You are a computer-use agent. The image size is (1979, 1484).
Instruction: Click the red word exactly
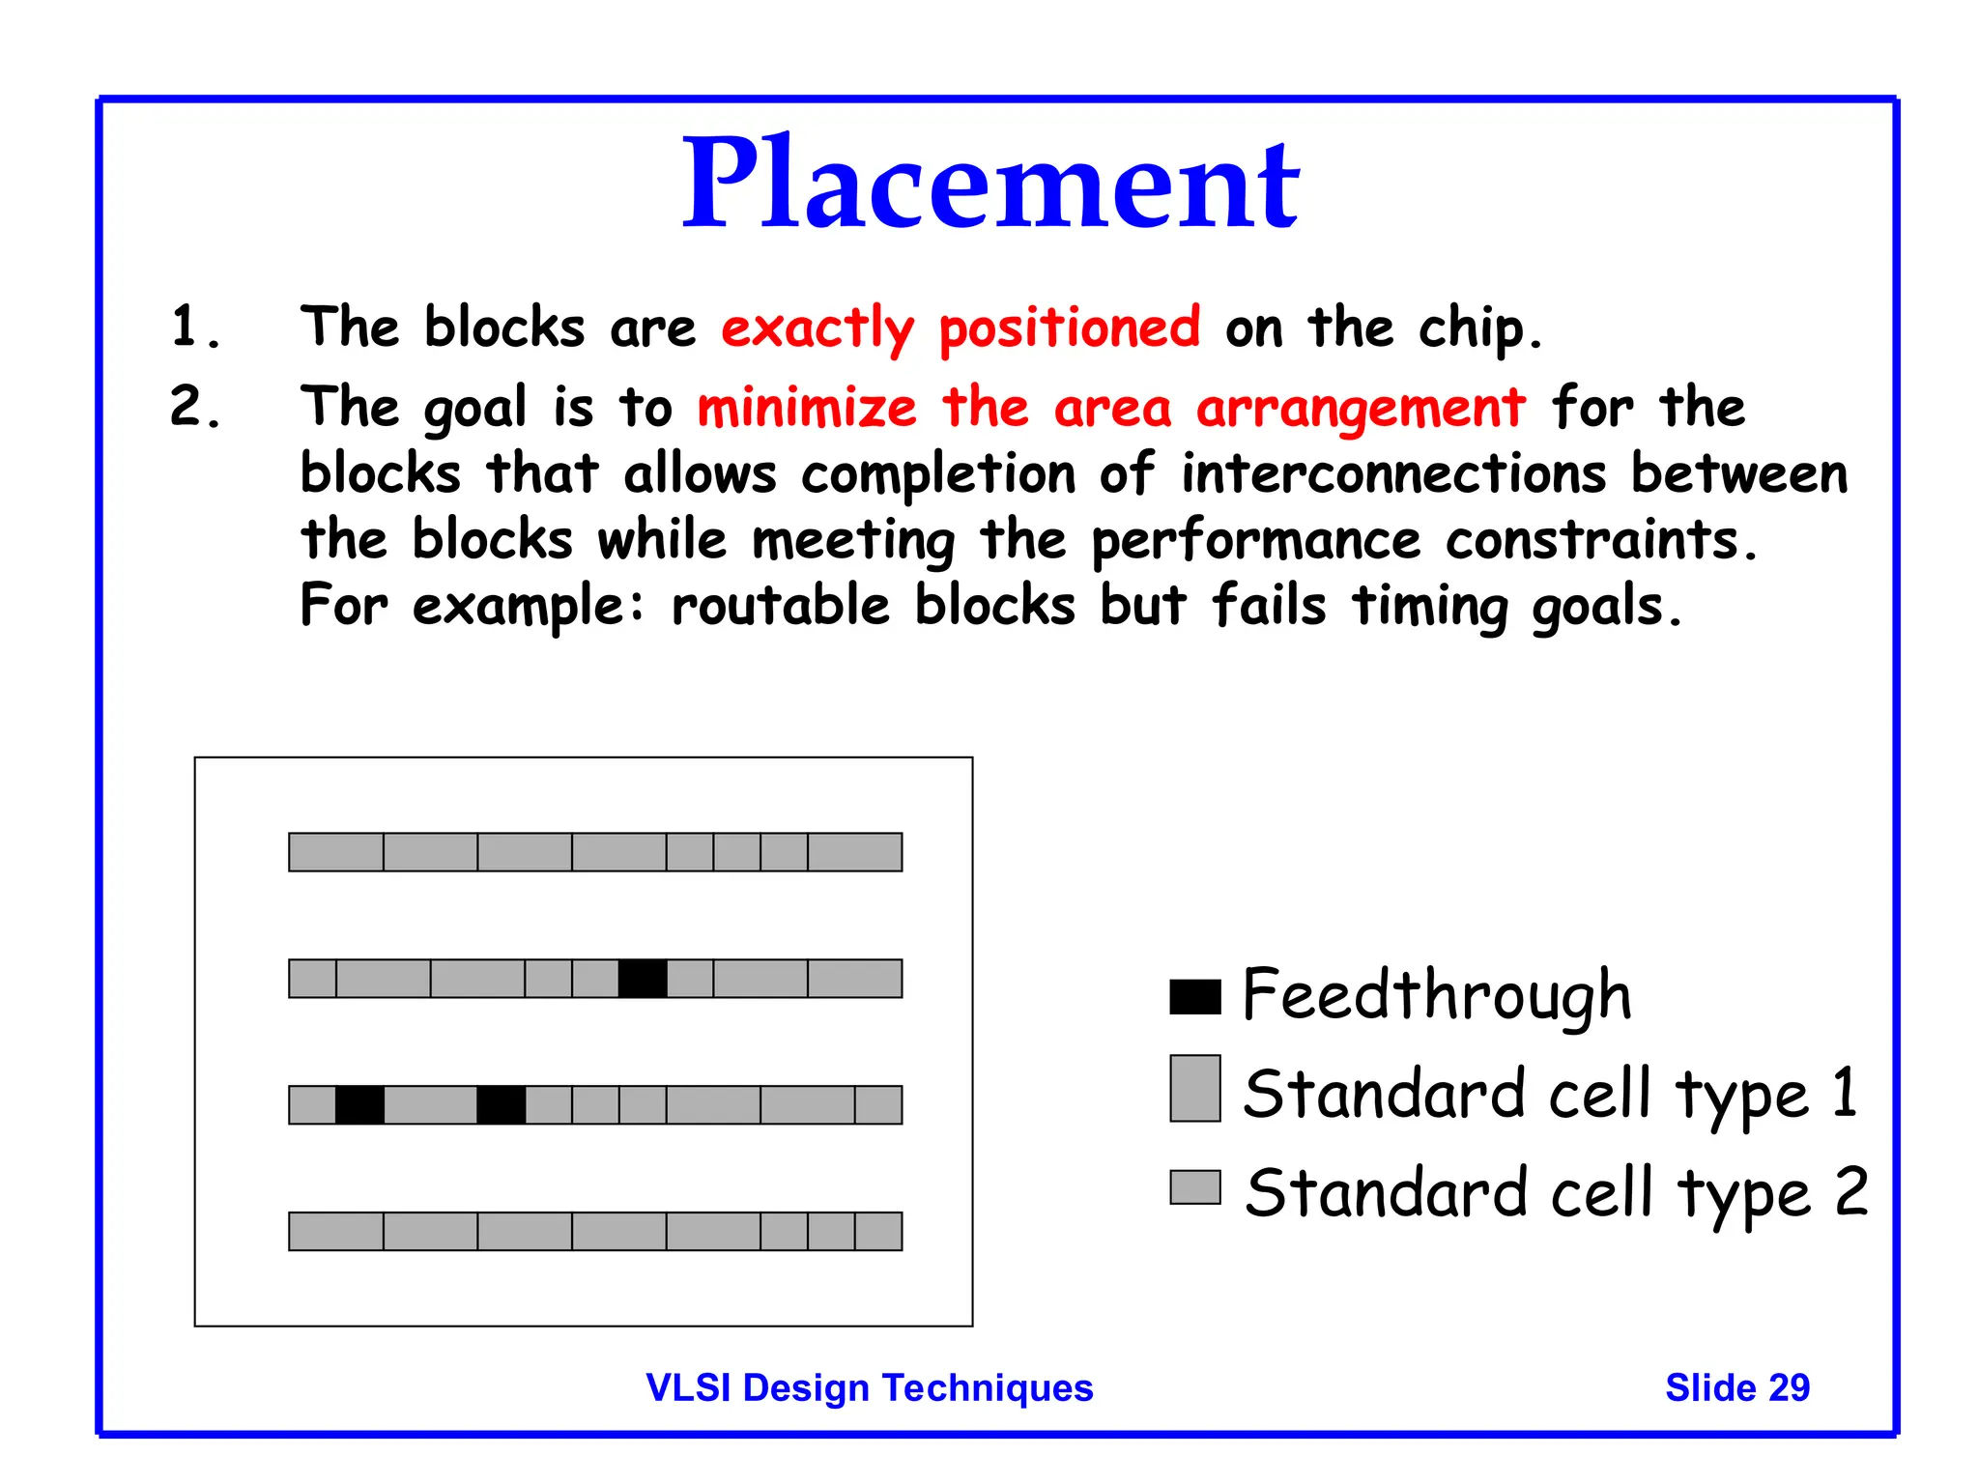[x=817, y=328]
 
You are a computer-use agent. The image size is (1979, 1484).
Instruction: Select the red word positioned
[x=1070, y=328]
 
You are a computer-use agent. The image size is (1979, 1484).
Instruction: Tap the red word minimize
[x=807, y=407]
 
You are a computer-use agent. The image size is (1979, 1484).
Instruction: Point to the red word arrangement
[x=1361, y=409]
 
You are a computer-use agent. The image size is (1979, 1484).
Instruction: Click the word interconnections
[x=1393, y=474]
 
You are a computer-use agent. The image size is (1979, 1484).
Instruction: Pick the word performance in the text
[x=1255, y=541]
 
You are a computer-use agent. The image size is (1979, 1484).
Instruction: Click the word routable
[x=780, y=607]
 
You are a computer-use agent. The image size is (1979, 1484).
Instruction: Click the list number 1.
[x=193, y=327]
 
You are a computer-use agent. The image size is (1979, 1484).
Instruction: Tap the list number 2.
[x=193, y=406]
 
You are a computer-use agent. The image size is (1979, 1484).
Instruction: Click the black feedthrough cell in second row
[x=643, y=979]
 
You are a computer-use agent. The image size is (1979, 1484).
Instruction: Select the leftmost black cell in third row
[x=359, y=1105]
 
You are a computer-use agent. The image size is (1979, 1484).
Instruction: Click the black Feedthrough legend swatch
[x=1194, y=997]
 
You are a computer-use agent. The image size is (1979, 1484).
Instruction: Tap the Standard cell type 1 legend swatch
[x=1194, y=1088]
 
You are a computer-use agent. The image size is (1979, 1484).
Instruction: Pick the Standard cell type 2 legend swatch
[x=1194, y=1187]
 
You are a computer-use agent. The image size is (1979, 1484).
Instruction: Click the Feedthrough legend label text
[x=1437, y=995]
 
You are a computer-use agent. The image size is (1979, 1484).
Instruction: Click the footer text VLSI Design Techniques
[x=869, y=1388]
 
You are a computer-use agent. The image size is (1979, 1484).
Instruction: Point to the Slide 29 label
[x=1736, y=1388]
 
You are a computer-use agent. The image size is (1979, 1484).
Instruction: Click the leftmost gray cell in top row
[x=336, y=852]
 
